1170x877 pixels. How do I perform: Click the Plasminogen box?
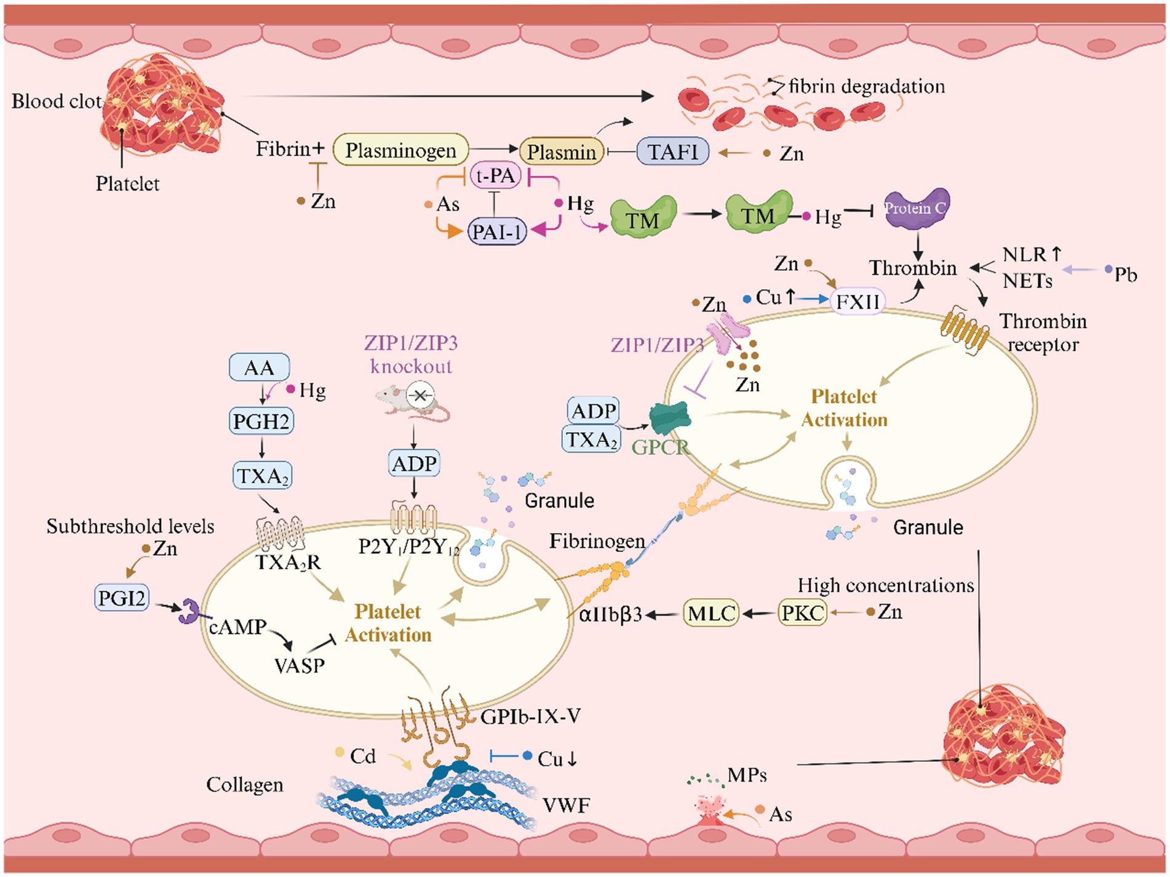[400, 150]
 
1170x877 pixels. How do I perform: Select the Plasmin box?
[562, 151]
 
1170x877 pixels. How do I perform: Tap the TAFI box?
[673, 151]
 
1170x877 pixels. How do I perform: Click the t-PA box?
[496, 176]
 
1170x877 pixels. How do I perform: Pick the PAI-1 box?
[497, 232]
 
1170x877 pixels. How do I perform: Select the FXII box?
[858, 302]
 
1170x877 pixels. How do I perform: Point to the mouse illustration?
[412, 401]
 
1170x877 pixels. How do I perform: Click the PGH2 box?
[261, 422]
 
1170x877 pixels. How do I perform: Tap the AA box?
[259, 367]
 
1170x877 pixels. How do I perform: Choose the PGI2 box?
[122, 597]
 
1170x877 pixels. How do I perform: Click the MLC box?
[711, 613]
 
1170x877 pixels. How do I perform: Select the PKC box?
[802, 613]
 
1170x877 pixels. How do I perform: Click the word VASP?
[300, 665]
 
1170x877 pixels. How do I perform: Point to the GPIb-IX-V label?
[530, 716]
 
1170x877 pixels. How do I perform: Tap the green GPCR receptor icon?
[670, 418]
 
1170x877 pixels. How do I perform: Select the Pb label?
[1126, 274]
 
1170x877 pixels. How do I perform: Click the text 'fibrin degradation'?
[867, 86]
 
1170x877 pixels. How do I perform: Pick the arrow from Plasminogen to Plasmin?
[493, 148]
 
